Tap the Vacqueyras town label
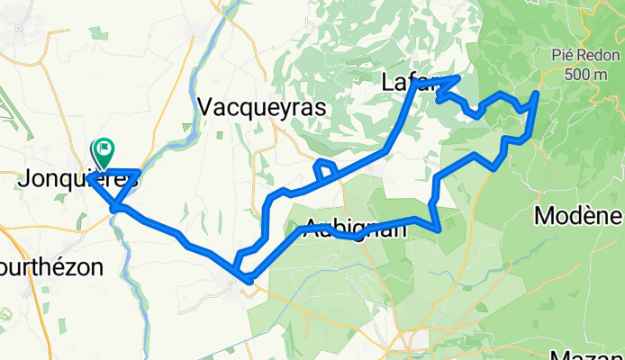259,106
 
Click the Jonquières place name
77,179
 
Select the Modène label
578,216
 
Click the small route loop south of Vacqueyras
325,168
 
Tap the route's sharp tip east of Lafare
458,78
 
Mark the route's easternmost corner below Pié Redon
537,93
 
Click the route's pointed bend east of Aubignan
439,230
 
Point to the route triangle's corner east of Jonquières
139,170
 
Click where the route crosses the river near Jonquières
116,209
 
